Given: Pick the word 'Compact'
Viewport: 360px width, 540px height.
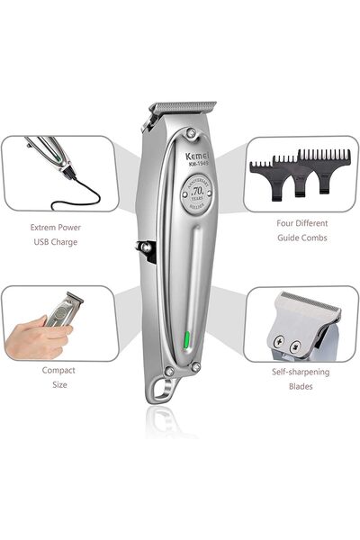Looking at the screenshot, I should point(58,369).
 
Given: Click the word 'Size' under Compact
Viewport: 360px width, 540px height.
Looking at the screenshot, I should point(58,384).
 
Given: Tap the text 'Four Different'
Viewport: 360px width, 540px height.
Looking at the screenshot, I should point(301,222).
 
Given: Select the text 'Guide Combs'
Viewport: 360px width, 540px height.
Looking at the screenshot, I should point(301,238).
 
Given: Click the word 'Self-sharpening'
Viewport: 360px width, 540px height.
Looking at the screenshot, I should point(301,371).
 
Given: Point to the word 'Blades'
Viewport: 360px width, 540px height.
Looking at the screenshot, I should point(301,386).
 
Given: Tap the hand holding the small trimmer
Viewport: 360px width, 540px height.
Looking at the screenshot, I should point(36,338).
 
